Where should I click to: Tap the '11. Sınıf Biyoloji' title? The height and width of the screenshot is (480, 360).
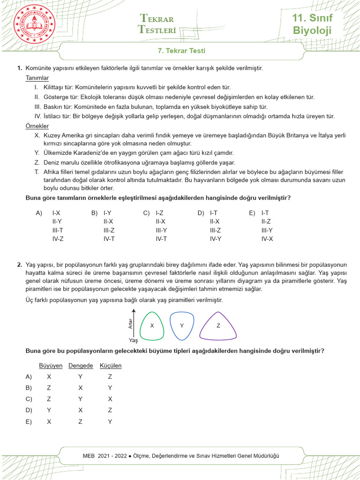coord(312,25)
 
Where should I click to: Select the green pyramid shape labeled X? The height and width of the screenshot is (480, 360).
coord(151,325)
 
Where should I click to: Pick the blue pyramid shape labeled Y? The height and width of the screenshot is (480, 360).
coord(181,325)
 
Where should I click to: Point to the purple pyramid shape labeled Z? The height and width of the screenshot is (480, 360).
coord(218,325)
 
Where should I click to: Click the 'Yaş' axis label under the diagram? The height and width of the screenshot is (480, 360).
coord(133,341)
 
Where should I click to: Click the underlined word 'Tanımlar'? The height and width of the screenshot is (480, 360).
coord(37,78)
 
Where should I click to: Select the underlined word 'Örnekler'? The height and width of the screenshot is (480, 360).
coord(37,126)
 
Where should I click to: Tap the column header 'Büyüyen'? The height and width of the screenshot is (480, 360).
coord(50,366)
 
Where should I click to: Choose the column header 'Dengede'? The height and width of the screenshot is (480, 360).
coord(81,366)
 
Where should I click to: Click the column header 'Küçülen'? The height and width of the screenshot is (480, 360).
coord(111,366)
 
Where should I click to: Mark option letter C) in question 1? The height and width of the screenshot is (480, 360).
coord(146,213)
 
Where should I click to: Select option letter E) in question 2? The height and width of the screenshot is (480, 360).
coord(29,421)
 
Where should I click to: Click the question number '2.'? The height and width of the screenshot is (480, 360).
coord(20,265)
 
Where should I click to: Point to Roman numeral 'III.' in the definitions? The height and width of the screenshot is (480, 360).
coord(38,106)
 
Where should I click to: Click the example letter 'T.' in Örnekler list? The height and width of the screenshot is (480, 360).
coord(37,172)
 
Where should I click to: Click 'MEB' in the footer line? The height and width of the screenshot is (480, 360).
coord(89,456)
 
